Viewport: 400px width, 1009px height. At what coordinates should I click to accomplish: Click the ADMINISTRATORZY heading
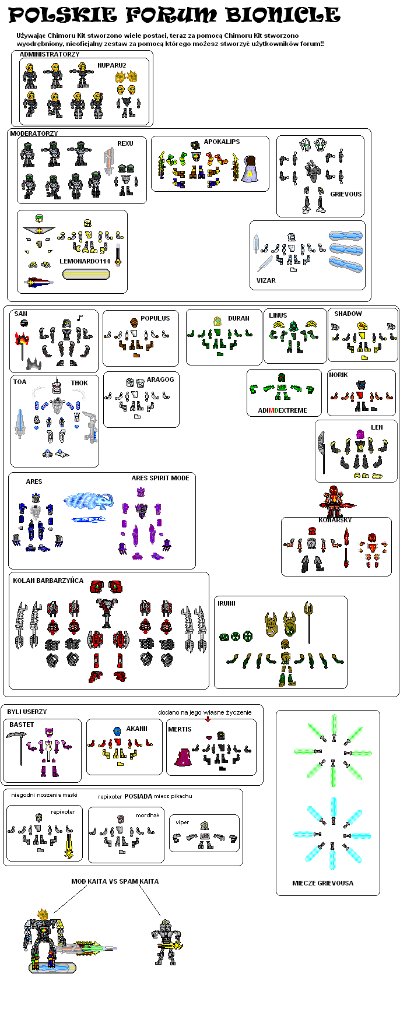tap(50, 54)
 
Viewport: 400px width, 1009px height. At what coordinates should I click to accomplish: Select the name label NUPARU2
tap(112, 65)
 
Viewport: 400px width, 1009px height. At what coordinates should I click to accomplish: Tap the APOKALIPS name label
tap(222, 142)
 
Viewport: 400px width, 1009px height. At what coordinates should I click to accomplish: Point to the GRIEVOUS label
tap(346, 194)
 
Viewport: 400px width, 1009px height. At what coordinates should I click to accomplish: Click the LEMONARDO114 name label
tap(85, 261)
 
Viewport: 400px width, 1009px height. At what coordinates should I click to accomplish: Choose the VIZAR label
tap(266, 280)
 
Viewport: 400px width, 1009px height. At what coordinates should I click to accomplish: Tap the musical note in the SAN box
tap(80, 318)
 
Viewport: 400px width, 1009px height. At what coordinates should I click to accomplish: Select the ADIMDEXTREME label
tap(282, 410)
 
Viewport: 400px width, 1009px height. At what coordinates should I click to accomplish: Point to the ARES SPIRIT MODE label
tap(160, 478)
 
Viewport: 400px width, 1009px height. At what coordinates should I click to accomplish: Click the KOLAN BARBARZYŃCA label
tap(48, 581)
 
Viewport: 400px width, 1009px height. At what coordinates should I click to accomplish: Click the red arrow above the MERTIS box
tap(208, 719)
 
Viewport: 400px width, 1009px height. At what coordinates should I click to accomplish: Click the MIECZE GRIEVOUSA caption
tap(322, 883)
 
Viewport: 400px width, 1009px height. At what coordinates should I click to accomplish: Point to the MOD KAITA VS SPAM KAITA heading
tap(115, 881)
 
